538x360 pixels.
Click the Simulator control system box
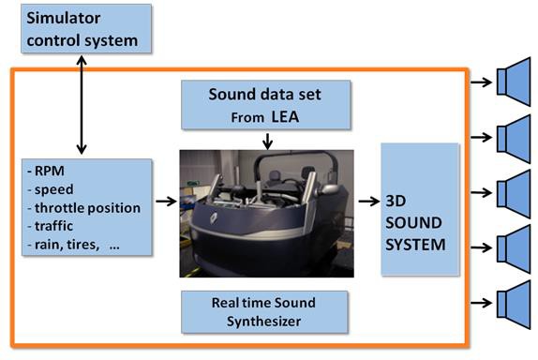pyautogui.click(x=82, y=29)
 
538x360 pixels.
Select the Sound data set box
pyautogui.click(x=266, y=104)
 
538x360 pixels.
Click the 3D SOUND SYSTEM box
pyautogui.click(x=420, y=208)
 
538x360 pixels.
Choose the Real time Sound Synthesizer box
pyautogui.click(x=265, y=310)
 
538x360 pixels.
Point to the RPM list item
pyautogui.click(x=48, y=172)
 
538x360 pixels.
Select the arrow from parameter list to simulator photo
pyautogui.click(x=165, y=201)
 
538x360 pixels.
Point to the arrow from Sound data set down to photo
pyautogui.click(x=269, y=141)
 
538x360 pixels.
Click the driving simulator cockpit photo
pyautogui.click(x=267, y=214)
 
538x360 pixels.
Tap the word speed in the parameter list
pyautogui.click(x=54, y=189)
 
